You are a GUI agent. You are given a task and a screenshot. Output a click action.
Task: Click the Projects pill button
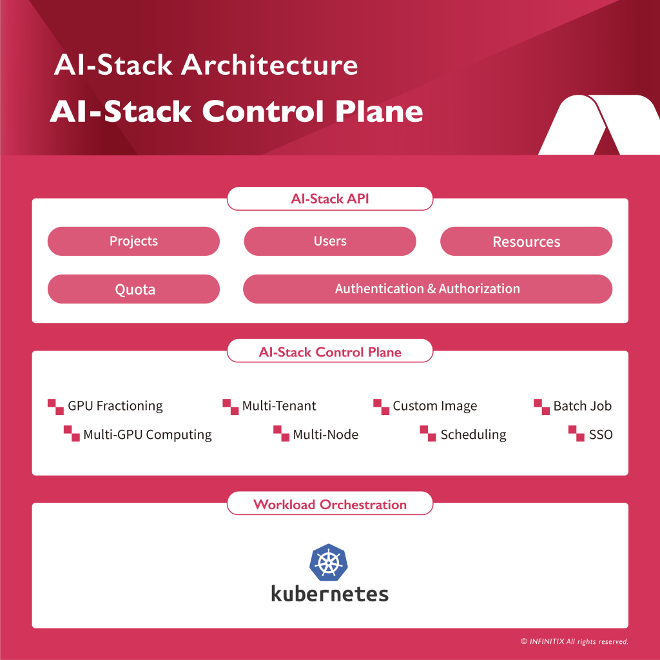tap(133, 241)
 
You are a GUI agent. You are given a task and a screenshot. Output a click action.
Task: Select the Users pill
tap(330, 241)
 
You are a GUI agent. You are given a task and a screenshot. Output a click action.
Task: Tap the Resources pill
tap(526, 242)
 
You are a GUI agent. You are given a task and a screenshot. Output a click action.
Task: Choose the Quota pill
tap(133, 289)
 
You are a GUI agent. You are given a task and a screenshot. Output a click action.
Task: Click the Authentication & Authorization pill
tap(427, 289)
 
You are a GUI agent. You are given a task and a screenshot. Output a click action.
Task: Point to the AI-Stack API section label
tap(330, 199)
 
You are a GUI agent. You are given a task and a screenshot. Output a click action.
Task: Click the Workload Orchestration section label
tap(330, 504)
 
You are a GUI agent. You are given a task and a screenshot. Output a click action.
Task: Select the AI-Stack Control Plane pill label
tap(330, 352)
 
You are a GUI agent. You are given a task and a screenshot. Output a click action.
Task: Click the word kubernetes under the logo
tap(329, 593)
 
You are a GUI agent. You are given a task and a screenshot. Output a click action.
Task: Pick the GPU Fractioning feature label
tap(115, 406)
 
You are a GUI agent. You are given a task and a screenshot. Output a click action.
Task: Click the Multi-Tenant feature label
tap(279, 406)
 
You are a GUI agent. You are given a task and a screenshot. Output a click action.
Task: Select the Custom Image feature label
tap(434, 406)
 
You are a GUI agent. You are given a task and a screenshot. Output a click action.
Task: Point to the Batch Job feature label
tap(582, 406)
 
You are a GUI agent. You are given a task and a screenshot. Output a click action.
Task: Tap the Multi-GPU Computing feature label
tap(147, 434)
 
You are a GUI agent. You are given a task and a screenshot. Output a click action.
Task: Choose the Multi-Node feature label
tap(325, 434)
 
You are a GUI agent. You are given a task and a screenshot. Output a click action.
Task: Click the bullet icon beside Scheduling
tap(428, 434)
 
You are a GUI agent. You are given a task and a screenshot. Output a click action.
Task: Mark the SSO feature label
tap(600, 434)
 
